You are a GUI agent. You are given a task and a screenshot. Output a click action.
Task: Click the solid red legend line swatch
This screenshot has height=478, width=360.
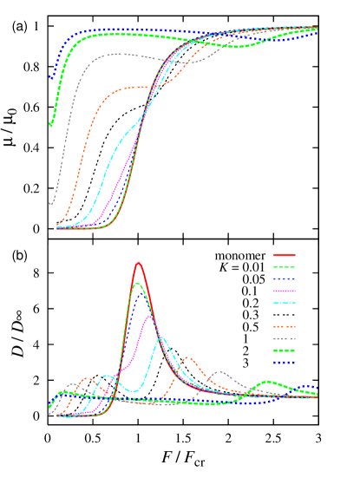point(285,255)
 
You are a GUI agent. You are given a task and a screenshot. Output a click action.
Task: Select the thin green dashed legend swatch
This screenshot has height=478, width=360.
point(285,267)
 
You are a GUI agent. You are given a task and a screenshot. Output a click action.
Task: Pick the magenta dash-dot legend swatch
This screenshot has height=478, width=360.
point(285,291)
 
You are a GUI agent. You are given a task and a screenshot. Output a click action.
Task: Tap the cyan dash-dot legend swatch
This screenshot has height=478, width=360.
point(285,303)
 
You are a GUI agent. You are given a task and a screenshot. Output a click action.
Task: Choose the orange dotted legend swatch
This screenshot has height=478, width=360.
point(285,326)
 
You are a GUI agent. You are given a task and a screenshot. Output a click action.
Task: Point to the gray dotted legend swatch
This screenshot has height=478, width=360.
point(285,338)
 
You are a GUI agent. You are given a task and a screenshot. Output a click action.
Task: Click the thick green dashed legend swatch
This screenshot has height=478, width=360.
point(285,350)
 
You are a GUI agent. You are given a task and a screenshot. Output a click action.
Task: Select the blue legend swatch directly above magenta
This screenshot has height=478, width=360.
point(285,278)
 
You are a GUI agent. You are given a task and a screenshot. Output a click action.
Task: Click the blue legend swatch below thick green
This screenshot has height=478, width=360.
point(285,362)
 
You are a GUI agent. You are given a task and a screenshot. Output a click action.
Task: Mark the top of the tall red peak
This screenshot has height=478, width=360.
point(138,262)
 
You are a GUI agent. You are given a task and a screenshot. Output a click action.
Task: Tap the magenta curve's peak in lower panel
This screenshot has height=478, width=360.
point(150,317)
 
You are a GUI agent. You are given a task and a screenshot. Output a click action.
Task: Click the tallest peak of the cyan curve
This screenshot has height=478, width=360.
point(161,337)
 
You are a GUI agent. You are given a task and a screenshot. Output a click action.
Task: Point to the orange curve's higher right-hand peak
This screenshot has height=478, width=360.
point(187,357)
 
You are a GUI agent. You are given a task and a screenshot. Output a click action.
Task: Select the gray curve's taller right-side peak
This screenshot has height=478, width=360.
point(222,372)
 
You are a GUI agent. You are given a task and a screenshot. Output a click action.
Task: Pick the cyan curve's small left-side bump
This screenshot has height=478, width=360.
point(108,376)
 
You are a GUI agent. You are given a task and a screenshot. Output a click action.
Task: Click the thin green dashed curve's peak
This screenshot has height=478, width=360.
point(137,283)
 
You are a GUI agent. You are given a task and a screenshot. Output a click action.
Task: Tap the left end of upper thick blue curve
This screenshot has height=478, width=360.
point(50,78)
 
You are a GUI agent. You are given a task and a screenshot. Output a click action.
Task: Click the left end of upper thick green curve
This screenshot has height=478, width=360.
point(50,125)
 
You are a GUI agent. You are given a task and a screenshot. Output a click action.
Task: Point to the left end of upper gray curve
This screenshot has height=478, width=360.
point(51,203)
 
